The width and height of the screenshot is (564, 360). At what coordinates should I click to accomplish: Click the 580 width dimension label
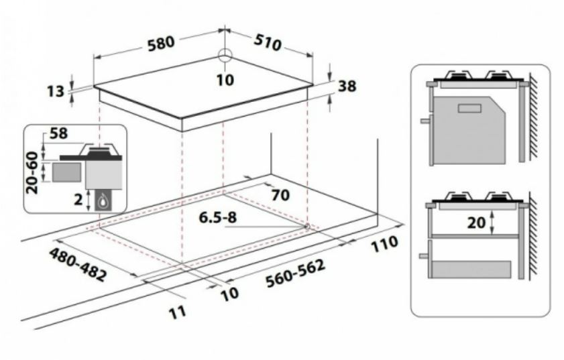click(x=161, y=43)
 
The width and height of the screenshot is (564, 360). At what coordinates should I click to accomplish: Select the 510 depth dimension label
click(x=268, y=43)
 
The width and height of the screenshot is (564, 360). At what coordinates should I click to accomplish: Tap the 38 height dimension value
click(x=347, y=86)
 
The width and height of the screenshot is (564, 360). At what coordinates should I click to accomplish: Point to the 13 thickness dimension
click(x=56, y=91)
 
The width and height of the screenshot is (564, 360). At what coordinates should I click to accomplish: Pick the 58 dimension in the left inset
click(x=58, y=133)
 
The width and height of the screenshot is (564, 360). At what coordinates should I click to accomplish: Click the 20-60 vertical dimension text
click(x=32, y=173)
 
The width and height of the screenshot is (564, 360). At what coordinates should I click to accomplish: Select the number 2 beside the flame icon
click(x=78, y=199)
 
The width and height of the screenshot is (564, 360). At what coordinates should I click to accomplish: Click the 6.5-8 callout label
click(x=219, y=218)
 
